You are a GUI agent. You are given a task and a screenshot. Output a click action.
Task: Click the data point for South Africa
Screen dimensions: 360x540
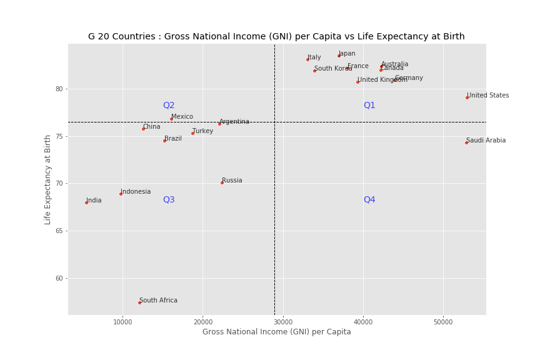pos(139,302)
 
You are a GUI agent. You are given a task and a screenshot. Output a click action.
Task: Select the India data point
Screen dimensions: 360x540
pos(86,202)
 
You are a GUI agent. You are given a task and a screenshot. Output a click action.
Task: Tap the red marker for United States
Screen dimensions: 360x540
pos(467,97)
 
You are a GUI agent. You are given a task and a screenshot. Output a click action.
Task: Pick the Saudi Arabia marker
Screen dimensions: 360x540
pos(466,142)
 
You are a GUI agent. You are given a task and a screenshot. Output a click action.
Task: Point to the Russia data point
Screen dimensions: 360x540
pos(222,182)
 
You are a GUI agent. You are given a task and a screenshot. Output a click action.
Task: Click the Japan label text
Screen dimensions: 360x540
pos(347,54)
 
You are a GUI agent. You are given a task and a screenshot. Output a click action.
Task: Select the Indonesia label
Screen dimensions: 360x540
pos(136,192)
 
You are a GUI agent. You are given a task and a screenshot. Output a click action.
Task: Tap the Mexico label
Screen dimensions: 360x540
pos(182,117)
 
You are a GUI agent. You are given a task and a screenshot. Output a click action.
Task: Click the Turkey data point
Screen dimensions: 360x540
pos(192,133)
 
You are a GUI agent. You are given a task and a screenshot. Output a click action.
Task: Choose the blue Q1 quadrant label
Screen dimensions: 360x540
pos(369,106)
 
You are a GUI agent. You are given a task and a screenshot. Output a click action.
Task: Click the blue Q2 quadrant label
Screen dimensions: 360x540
pos(169,106)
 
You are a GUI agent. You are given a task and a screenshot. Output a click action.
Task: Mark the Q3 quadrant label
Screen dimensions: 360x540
pos(169,200)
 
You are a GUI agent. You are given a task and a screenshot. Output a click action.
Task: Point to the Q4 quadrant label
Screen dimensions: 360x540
pos(369,200)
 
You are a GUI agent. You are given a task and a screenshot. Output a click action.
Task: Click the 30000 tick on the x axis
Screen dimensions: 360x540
pos(283,322)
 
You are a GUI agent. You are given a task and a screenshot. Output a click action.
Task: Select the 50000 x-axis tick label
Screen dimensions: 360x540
pos(443,322)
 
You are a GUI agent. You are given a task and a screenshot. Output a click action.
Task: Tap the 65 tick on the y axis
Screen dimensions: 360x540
pos(59,231)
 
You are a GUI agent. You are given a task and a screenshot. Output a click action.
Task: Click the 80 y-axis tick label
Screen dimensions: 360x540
pos(59,89)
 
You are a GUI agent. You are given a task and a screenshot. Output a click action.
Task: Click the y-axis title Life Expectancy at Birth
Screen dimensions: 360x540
pos(48,179)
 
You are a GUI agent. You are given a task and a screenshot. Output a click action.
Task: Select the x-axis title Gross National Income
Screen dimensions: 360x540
pos(276,332)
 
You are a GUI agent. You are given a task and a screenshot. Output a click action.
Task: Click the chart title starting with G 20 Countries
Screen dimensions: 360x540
pos(276,37)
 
